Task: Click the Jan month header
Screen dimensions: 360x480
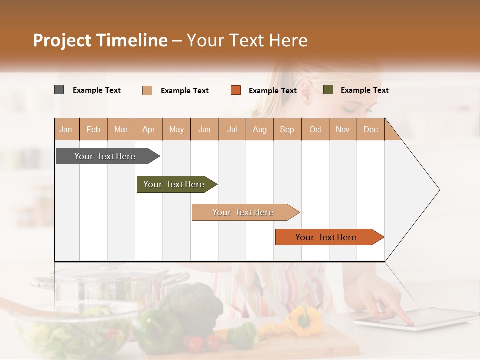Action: pos(66,129)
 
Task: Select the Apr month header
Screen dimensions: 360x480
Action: pos(148,129)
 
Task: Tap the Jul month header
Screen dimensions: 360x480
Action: pos(232,129)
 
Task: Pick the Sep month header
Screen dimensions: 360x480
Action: pos(287,129)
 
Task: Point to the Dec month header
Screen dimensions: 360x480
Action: pos(370,129)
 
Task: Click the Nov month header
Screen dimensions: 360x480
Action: pos(342,129)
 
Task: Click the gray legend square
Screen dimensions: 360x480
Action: pos(59,90)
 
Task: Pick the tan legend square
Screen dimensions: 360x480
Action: pos(147,90)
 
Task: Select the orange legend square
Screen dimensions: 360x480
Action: pos(235,90)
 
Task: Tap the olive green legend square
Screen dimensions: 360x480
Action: pos(328,90)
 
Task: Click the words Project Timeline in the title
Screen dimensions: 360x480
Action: pos(100,40)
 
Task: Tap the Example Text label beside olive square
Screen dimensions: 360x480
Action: pos(364,90)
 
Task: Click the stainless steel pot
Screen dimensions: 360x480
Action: pos(110,285)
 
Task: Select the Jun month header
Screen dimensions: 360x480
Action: pos(204,129)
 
